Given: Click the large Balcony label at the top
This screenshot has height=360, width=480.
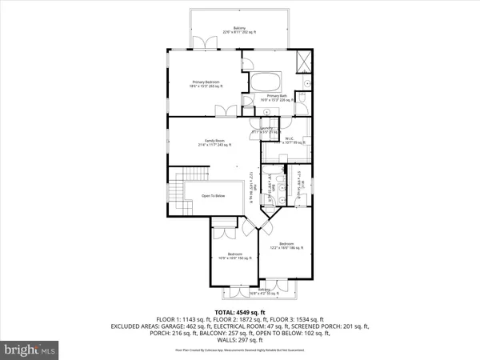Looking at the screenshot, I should click(239, 31).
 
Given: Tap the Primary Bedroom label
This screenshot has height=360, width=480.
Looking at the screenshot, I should click(206, 82).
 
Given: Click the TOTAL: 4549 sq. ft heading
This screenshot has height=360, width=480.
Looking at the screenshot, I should click(239, 311).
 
